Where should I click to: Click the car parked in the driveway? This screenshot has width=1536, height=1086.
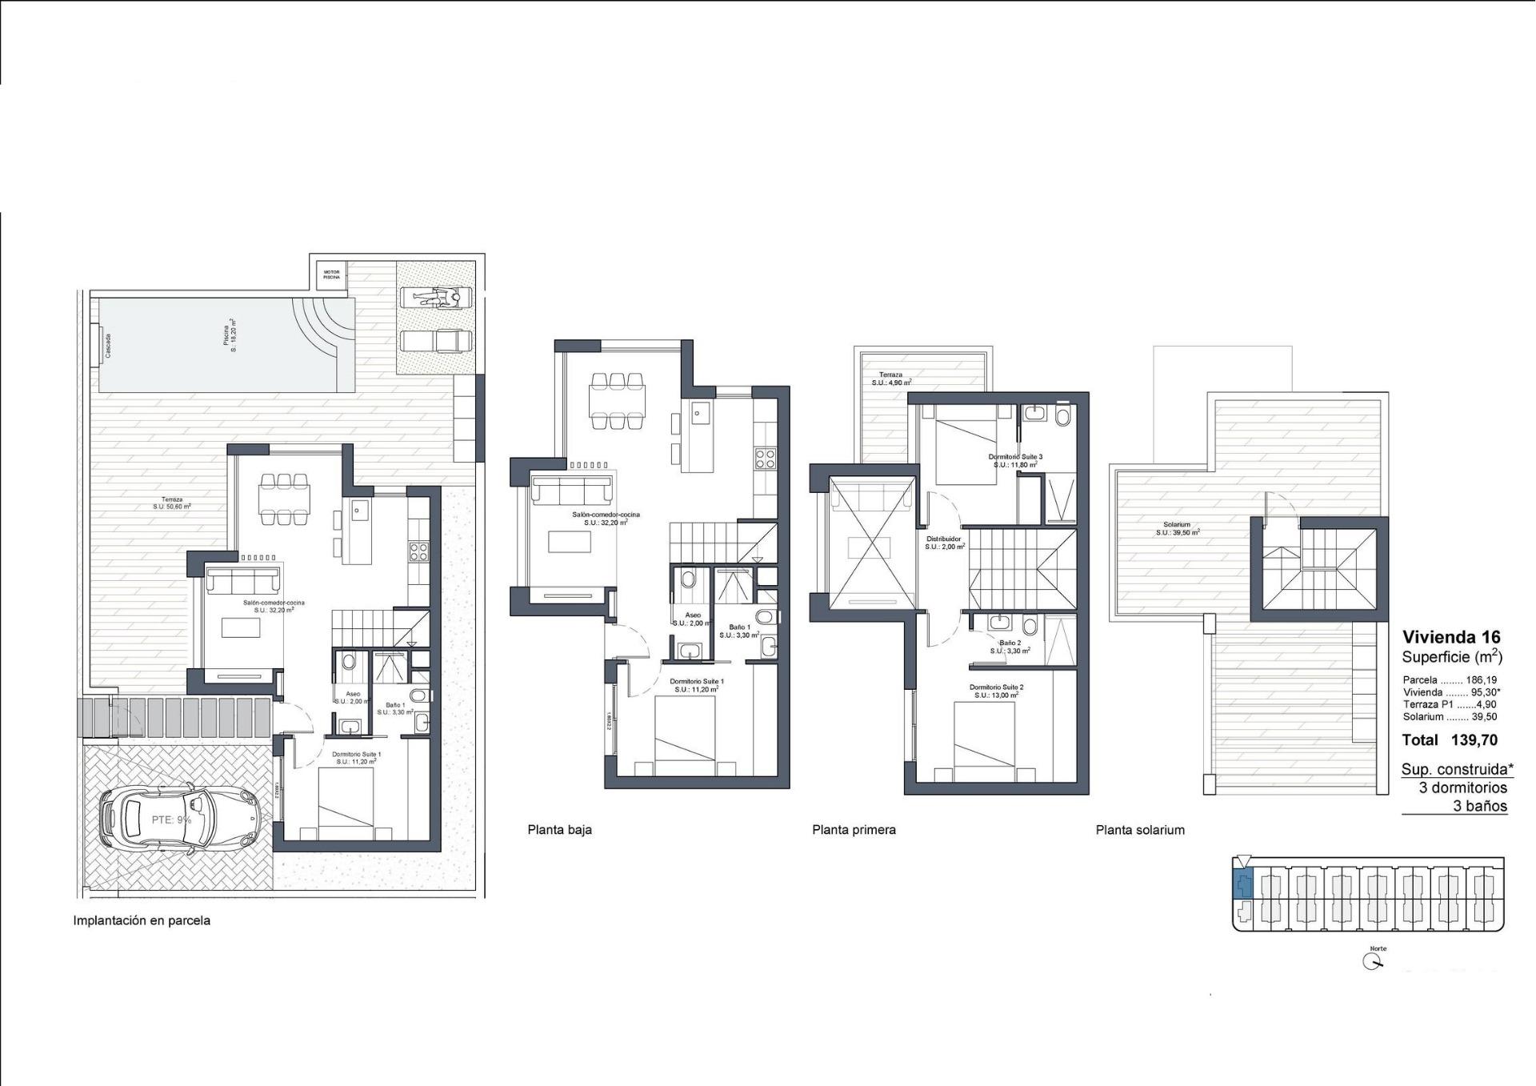tap(180, 818)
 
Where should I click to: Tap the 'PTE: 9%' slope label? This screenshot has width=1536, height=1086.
tap(171, 820)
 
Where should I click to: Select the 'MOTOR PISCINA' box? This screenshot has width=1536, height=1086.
tap(331, 275)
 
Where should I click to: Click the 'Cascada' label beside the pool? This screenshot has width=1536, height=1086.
tap(109, 346)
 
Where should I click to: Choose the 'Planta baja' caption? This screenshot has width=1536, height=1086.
tap(559, 830)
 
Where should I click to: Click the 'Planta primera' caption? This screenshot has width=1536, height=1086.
tap(854, 830)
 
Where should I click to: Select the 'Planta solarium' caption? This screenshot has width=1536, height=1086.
tap(1140, 830)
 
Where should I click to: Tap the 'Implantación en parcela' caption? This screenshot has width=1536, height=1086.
tap(142, 920)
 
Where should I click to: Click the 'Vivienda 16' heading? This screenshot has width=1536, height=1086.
tap(1451, 637)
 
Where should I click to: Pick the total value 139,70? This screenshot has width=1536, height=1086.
tap(1474, 740)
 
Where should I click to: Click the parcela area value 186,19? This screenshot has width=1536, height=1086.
tap(1481, 680)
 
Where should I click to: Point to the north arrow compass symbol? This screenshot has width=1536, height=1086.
tap(1373, 962)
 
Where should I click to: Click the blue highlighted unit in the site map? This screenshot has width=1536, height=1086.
tap(1242, 885)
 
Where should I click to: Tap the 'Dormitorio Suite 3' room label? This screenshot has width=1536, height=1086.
tap(1015, 457)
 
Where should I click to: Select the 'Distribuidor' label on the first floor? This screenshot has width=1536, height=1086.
tap(944, 539)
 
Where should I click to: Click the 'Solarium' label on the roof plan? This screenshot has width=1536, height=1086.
tap(1177, 525)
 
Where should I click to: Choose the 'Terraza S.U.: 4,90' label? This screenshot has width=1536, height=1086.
tap(891, 379)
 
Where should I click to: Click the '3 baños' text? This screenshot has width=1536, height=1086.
tap(1480, 806)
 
